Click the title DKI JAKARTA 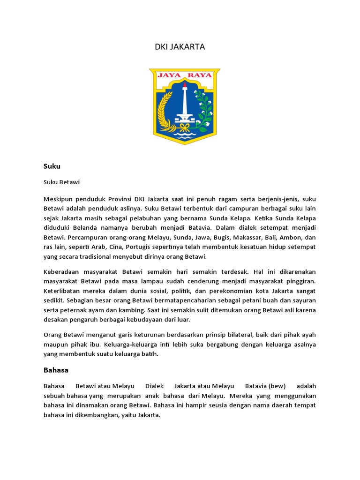tap(180, 47)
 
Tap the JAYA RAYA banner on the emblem tap(184, 75)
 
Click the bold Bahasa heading tap(56, 370)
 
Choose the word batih tap(150, 354)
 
